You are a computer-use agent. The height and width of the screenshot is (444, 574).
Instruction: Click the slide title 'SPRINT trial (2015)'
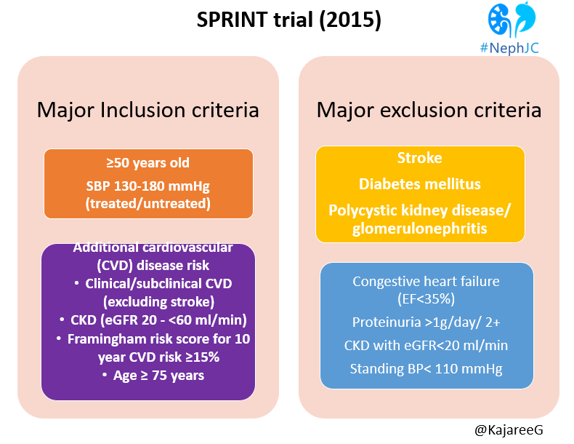pyautogui.click(x=288, y=20)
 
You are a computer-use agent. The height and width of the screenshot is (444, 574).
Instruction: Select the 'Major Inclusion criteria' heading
pyautogui.click(x=148, y=110)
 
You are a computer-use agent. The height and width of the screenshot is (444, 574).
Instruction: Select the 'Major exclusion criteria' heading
pyautogui.click(x=429, y=110)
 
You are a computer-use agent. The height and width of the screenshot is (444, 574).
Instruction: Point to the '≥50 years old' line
pyautogui.click(x=148, y=163)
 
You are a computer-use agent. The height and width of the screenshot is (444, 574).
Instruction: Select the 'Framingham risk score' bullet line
pyautogui.click(x=153, y=338)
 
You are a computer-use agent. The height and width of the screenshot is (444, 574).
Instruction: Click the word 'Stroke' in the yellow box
pyautogui.click(x=419, y=158)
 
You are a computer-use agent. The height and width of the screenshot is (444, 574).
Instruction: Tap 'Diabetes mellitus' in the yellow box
pyautogui.click(x=419, y=183)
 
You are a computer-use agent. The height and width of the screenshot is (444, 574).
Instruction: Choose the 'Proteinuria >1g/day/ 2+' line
pyautogui.click(x=427, y=322)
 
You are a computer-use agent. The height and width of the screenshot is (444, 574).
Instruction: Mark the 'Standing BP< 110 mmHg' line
pyautogui.click(x=427, y=368)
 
